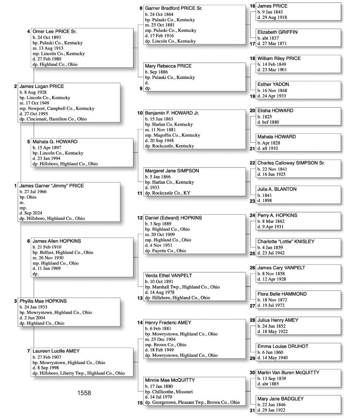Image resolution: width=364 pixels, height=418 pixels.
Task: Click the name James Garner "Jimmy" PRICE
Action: [x=52, y=186]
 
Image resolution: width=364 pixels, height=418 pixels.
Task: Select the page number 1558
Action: [x=84, y=393]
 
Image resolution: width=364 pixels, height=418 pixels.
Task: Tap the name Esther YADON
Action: [x=273, y=85]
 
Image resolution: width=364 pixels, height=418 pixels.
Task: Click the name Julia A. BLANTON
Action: [x=277, y=189]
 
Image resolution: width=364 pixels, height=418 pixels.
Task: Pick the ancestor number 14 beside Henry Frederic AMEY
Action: [x=140, y=323]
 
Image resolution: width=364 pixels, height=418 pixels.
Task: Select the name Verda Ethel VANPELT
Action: [x=168, y=276]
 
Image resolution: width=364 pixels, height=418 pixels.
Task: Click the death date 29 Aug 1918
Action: [x=272, y=18]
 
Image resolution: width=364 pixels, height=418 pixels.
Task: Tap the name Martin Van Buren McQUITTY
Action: [x=288, y=373]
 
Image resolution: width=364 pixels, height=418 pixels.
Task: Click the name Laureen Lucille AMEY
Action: [x=56, y=351]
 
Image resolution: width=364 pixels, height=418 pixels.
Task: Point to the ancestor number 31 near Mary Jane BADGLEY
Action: [x=252, y=411]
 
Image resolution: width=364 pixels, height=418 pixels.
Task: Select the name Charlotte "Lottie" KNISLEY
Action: [x=286, y=242]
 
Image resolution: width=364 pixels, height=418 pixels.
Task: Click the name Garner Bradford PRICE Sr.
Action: [x=174, y=8]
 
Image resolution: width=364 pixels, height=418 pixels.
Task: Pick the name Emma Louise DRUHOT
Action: [x=283, y=347]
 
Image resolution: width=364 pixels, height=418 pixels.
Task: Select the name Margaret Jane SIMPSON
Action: [x=172, y=171]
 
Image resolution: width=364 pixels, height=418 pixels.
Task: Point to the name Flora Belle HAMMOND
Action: [x=282, y=294]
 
